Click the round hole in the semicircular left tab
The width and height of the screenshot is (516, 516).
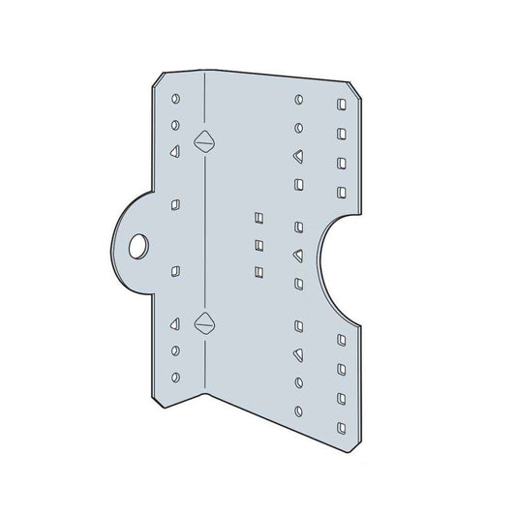pyautogui.click(x=140, y=246)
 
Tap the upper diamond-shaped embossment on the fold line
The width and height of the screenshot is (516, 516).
pyautogui.click(x=202, y=140)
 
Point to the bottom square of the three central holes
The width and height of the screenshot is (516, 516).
pyautogui.click(x=258, y=271)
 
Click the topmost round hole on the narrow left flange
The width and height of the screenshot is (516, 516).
pyautogui.click(x=174, y=99)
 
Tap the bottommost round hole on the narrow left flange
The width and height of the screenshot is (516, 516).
pyautogui.click(x=174, y=376)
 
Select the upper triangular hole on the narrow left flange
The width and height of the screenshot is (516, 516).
pyautogui.click(x=174, y=152)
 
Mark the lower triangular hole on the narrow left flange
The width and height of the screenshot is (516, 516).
pyautogui.click(x=174, y=322)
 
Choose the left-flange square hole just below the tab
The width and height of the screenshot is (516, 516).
pyautogui.click(x=174, y=270)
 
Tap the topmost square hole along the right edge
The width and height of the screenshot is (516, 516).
pyautogui.click(x=341, y=104)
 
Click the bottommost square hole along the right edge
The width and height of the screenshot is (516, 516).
pyautogui.click(x=341, y=423)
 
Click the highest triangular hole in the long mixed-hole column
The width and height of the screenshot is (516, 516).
pyautogui.click(x=298, y=155)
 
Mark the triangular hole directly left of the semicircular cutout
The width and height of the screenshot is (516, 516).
pyautogui.click(x=298, y=256)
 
